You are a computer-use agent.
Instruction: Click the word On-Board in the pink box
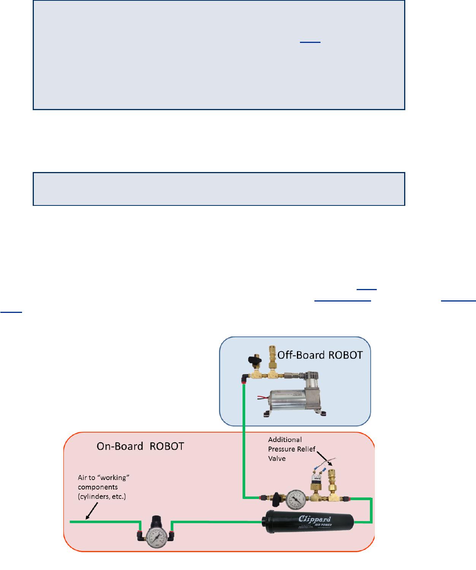pyautogui.click(x=120, y=446)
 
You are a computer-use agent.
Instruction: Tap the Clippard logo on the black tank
pyautogui.click(x=314, y=519)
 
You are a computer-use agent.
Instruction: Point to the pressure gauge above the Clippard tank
pyautogui.click(x=296, y=499)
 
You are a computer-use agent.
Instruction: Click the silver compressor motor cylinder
pyautogui.click(x=289, y=401)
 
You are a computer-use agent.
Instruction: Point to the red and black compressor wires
pyautogui.click(x=263, y=398)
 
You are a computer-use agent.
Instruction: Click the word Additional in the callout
pyautogui.click(x=285, y=440)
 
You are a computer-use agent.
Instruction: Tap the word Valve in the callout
pyautogui.click(x=277, y=459)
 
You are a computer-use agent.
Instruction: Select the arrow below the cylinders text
pyautogui.click(x=92, y=511)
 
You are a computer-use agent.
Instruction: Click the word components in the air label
pyautogui.click(x=98, y=487)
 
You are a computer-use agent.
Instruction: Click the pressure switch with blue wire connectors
pyautogui.click(x=315, y=482)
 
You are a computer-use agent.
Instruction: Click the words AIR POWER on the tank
pyautogui.click(x=323, y=525)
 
